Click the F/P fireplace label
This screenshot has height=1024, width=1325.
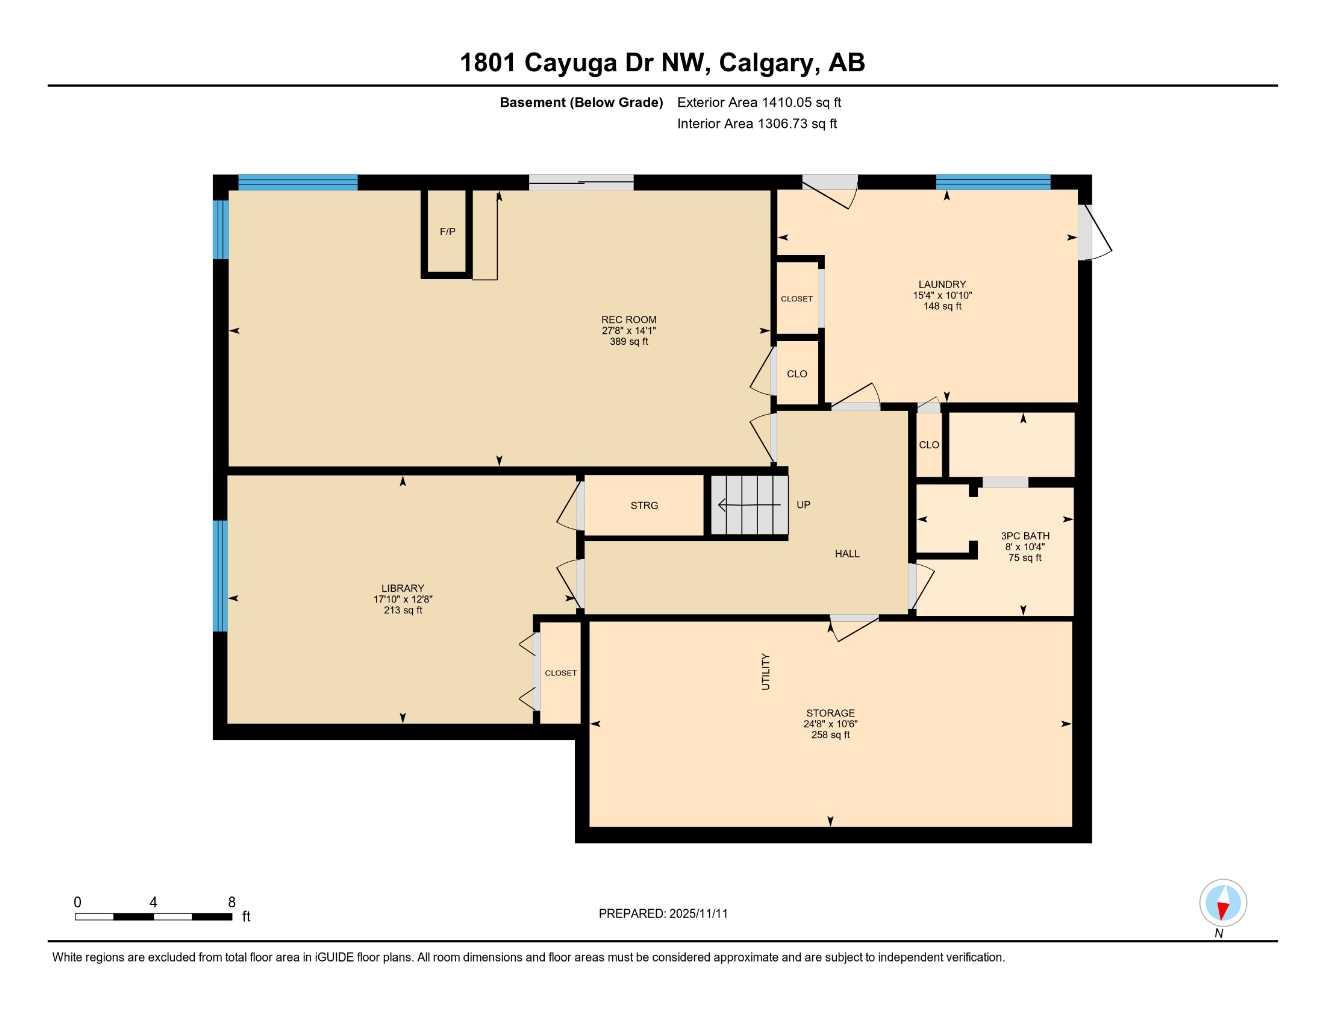tap(447, 232)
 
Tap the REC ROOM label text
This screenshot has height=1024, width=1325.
tap(629, 320)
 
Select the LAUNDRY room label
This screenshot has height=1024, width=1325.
tap(942, 284)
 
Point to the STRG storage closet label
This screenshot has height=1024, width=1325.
tap(644, 506)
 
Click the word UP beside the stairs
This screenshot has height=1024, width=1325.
tap(803, 505)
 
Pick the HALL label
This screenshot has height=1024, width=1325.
tap(847, 554)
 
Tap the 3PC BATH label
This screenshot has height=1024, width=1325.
tap(1025, 536)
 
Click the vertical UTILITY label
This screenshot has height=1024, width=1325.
tap(766, 671)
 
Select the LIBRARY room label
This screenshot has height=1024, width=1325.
tap(403, 588)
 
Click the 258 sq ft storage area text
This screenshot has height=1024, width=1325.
tap(830, 735)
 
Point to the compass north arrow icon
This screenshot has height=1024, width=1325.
tap(1222, 903)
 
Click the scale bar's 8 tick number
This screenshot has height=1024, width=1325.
tap(231, 902)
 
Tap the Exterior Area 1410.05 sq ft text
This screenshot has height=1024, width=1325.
tap(759, 102)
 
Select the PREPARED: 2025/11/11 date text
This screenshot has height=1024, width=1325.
tap(663, 913)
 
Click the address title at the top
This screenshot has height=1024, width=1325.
tap(662, 63)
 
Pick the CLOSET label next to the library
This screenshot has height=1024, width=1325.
tap(560, 673)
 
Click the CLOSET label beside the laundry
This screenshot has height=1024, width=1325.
tap(797, 299)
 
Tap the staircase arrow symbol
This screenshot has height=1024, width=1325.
tap(745, 506)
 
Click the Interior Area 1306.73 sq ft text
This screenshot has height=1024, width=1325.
tap(757, 124)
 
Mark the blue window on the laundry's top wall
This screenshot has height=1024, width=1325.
tap(992, 182)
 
